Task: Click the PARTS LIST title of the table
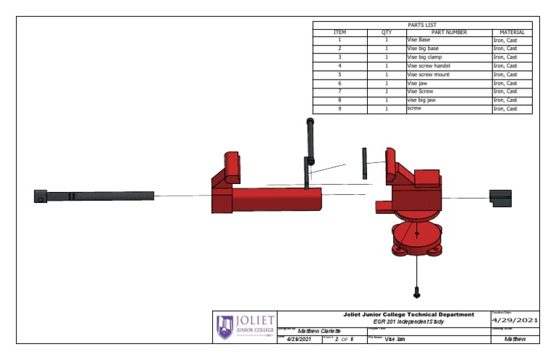pyautogui.click(x=422, y=25)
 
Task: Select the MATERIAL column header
pyautogui.click(x=512, y=33)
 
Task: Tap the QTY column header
pyautogui.click(x=387, y=33)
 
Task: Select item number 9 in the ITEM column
pyautogui.click(x=340, y=109)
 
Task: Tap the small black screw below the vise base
pyautogui.click(x=417, y=292)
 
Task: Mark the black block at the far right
pyautogui.click(x=500, y=196)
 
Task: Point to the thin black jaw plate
pyautogui.click(x=365, y=163)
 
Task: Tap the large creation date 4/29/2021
pyautogui.click(x=515, y=320)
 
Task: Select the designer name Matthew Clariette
pyautogui.click(x=319, y=330)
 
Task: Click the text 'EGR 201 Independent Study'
pyautogui.click(x=408, y=321)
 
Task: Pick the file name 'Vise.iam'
pyautogui.click(x=395, y=339)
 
